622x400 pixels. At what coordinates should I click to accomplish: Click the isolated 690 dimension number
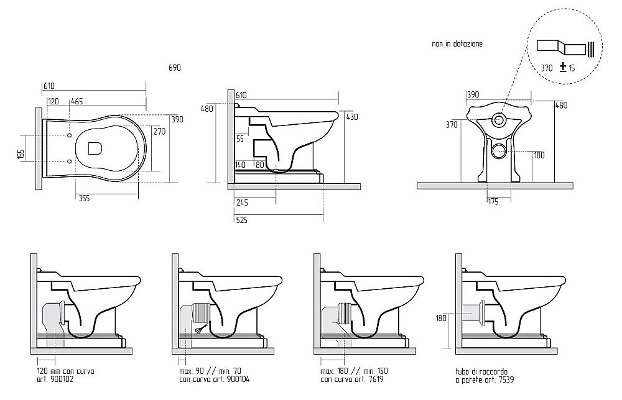(x=175, y=68)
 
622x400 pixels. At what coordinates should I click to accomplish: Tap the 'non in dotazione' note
(x=457, y=43)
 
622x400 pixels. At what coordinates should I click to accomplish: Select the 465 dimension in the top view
(x=77, y=101)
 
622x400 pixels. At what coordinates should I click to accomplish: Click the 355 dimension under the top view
(x=84, y=198)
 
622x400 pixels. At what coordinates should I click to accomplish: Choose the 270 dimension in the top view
(x=159, y=131)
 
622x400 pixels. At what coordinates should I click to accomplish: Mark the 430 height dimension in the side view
(x=352, y=117)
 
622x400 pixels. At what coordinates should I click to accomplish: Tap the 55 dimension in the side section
(x=239, y=139)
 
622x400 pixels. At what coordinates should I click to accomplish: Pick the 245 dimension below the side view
(x=241, y=202)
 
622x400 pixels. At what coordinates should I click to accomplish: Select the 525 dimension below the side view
(x=241, y=220)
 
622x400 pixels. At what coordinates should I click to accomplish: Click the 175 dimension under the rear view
(x=493, y=202)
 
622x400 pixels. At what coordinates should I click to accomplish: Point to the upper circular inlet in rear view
(x=499, y=119)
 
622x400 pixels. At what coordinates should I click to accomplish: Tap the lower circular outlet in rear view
(x=499, y=150)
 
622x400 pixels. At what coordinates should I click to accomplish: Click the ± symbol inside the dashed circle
(x=562, y=67)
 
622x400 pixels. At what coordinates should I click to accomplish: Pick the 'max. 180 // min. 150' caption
(x=355, y=371)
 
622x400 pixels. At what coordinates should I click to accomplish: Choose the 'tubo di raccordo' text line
(x=481, y=372)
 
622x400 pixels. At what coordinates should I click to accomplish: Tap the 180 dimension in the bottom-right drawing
(x=441, y=317)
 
